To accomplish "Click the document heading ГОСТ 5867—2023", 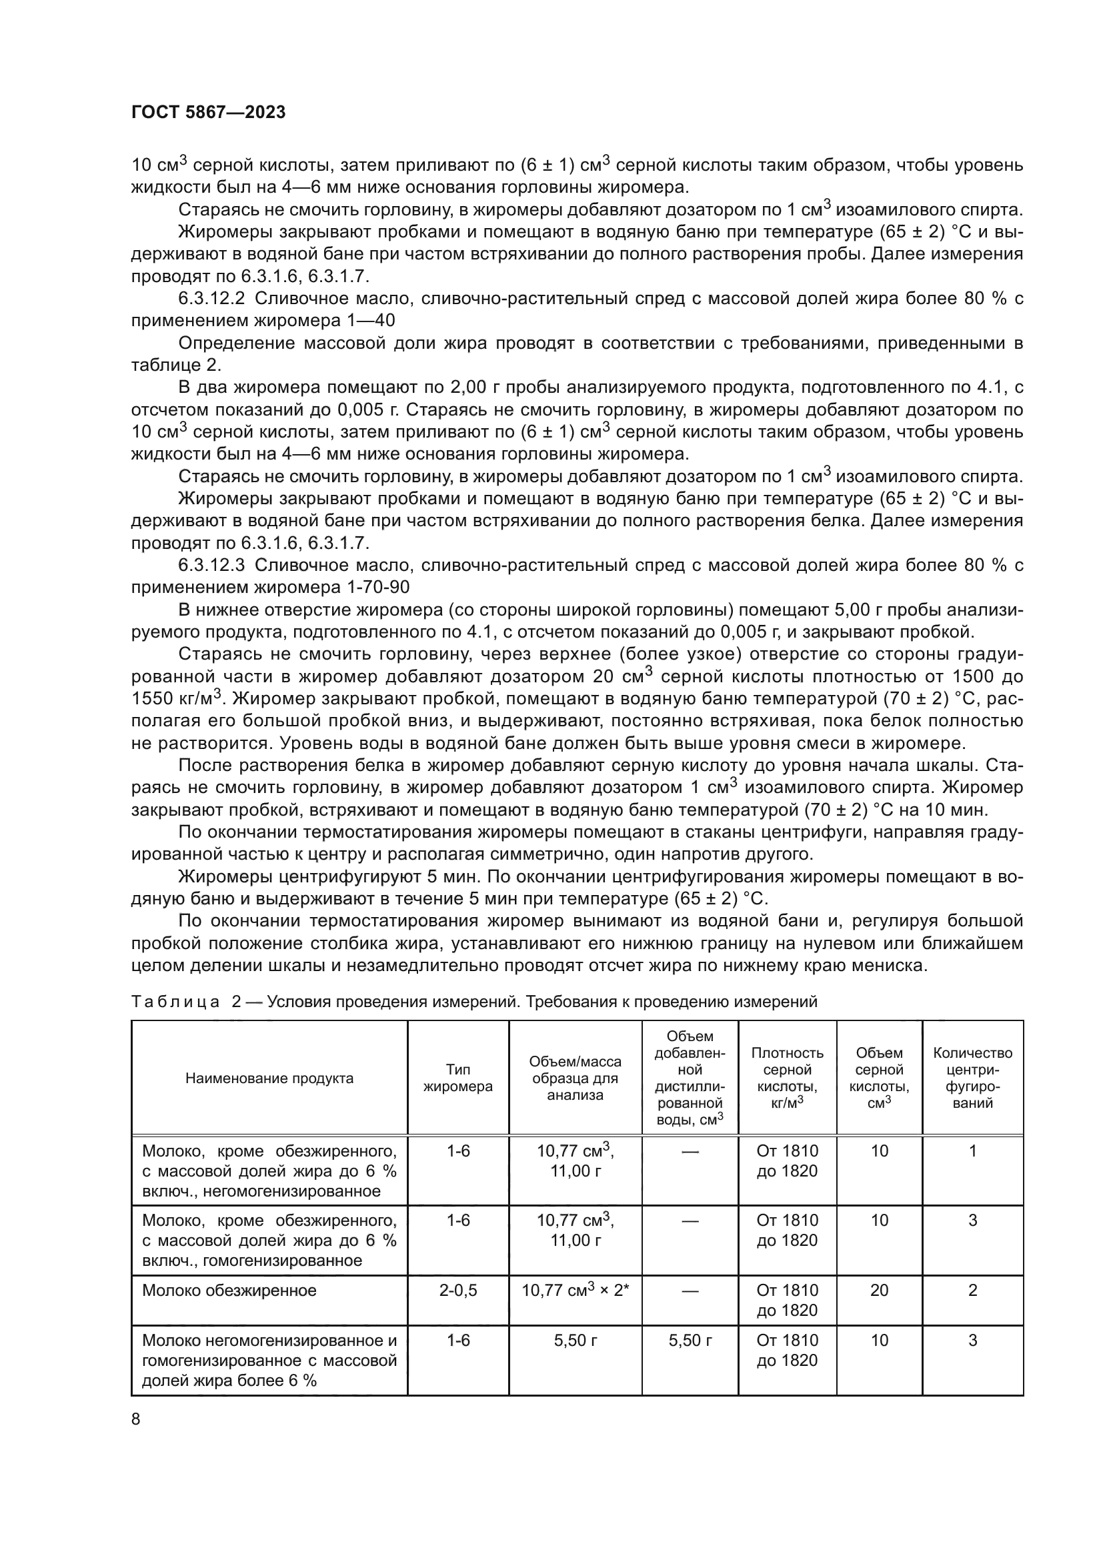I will click(x=208, y=113).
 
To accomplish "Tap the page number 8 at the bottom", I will click(x=136, y=1419).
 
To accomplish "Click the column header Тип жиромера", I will click(x=457, y=1078).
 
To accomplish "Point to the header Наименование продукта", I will click(x=269, y=1078).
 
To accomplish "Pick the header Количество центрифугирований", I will click(x=972, y=1078).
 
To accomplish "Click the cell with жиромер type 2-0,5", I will click(x=457, y=1290).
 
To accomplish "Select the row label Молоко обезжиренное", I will click(x=229, y=1290).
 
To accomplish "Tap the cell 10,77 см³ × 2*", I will click(x=575, y=1290).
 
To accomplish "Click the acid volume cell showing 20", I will click(x=879, y=1290).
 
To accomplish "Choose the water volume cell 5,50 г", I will click(x=690, y=1340).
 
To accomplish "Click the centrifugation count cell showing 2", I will click(x=972, y=1290).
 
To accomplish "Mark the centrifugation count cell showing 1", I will click(x=972, y=1150).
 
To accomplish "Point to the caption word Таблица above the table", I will click(x=175, y=1002).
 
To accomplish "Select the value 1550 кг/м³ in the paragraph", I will click(x=176, y=698).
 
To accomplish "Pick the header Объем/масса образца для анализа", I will click(x=575, y=1078).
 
